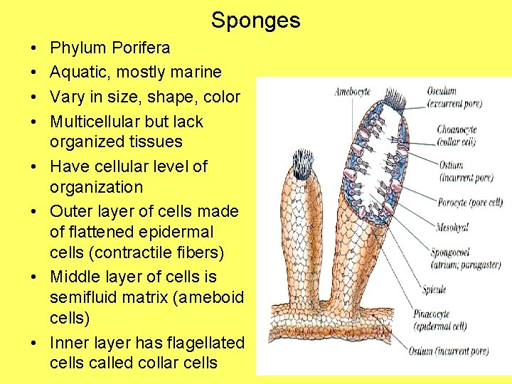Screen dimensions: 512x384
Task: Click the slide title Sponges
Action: click(255, 20)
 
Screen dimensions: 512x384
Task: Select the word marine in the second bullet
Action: click(194, 73)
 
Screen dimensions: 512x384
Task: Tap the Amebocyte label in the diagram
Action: click(351, 92)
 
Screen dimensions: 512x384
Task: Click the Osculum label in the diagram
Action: click(442, 92)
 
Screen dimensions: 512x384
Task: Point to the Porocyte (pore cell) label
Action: click(469, 203)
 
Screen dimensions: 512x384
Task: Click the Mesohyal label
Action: click(452, 228)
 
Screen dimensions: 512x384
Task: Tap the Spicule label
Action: click(433, 289)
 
